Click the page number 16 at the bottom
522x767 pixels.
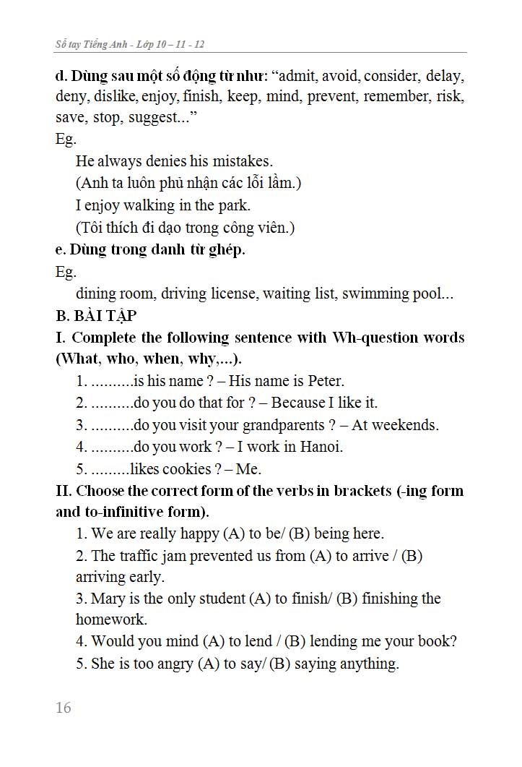coord(64,708)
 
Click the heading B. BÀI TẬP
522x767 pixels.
coord(96,316)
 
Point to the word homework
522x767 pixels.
coord(111,620)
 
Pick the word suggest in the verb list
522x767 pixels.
coord(154,118)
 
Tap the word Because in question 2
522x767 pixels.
coord(297,403)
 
